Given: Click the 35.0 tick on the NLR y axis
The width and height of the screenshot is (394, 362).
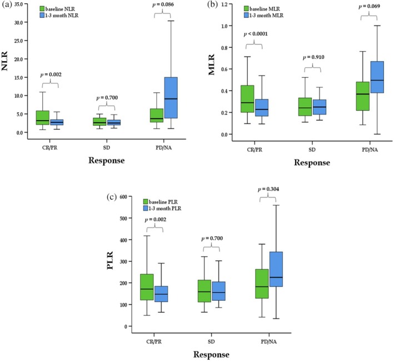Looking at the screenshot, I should point(22,4).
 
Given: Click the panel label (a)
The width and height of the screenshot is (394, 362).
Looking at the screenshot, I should point(7,4).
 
